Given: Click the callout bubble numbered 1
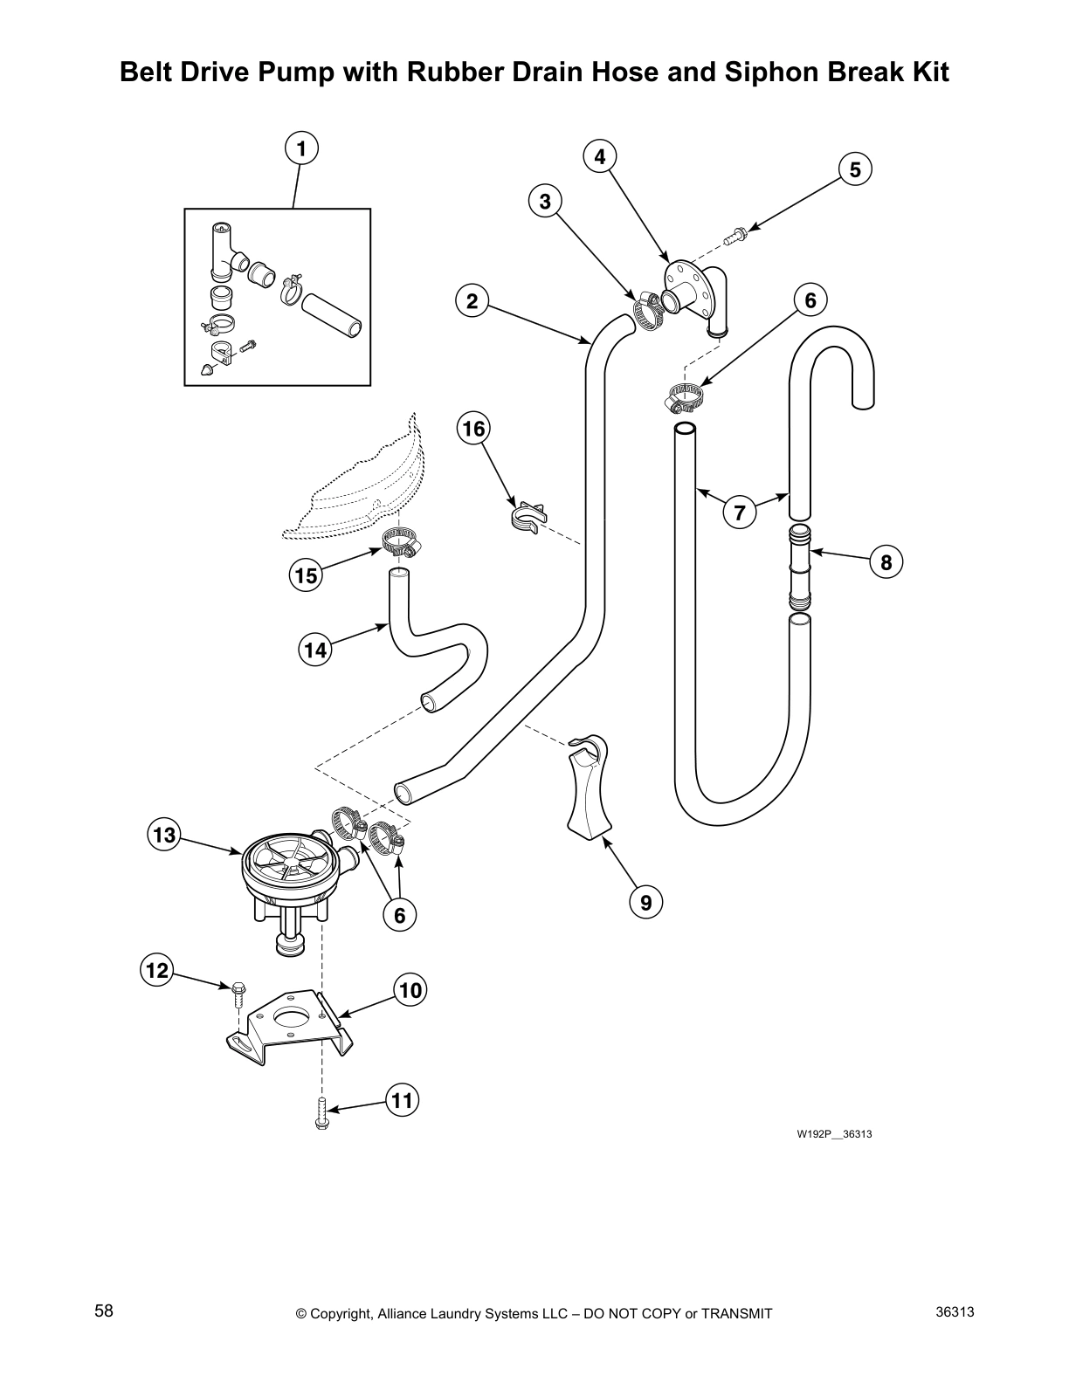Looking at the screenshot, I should (301, 148).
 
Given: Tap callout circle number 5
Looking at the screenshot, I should (855, 169).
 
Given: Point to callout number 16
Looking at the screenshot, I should (473, 429).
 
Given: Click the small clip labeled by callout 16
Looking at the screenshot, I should (527, 516).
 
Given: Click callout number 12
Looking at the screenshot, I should (156, 969).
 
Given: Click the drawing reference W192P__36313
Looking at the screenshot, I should (834, 1134).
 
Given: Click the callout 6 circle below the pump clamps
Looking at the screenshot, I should (400, 915).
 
